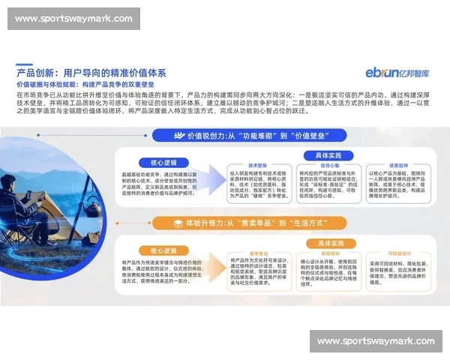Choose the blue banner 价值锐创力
pos(268,136)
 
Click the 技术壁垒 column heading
pos(259,165)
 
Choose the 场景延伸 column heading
pos(397,165)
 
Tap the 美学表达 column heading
pos(259,253)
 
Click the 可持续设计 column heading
pos(397,253)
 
